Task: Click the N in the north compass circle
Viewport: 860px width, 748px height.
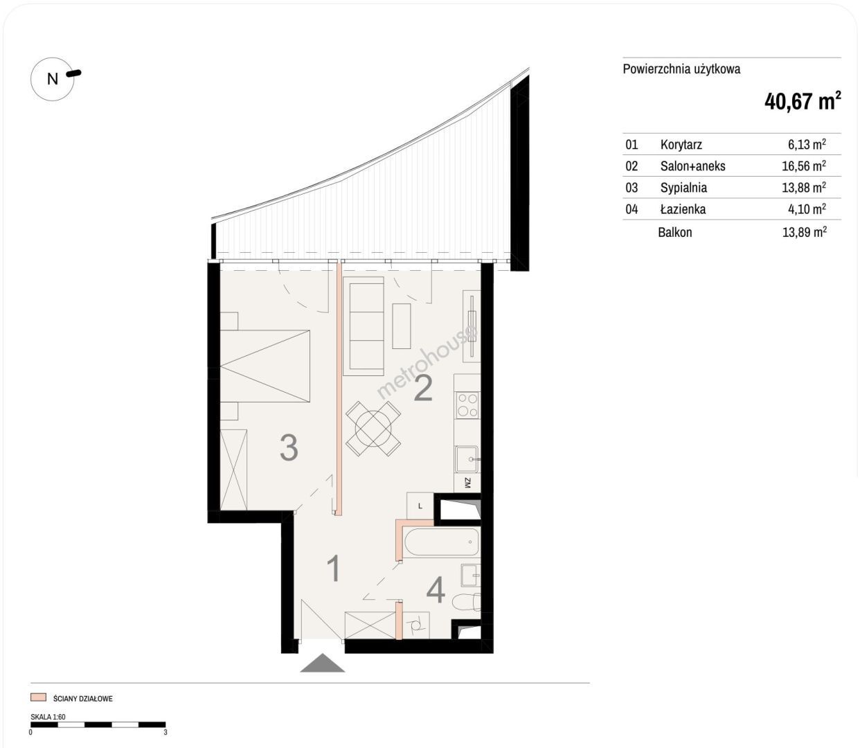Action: (53, 79)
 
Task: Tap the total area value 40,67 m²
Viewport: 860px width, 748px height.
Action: (803, 101)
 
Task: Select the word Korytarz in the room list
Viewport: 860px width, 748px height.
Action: (681, 145)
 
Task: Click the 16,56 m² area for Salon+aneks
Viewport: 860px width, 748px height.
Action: (804, 166)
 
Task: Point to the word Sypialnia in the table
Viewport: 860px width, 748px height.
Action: (683, 188)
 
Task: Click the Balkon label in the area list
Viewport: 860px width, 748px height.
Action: (674, 232)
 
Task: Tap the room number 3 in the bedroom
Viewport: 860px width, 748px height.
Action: (289, 447)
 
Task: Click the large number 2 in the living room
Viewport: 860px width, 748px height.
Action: (423, 388)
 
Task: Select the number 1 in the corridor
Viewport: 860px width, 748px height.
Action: (334, 569)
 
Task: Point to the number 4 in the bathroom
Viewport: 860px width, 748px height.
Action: (436, 590)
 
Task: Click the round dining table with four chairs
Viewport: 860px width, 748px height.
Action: (373, 429)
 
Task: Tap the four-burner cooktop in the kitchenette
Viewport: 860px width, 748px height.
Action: (467, 405)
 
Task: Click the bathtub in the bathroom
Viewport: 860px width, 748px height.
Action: (441, 542)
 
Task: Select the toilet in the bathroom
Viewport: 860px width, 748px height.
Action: (467, 603)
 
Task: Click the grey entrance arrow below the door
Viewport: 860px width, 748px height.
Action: (323, 663)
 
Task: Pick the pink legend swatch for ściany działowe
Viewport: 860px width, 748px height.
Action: (38, 697)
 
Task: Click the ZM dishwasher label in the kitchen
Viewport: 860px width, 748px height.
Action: (467, 483)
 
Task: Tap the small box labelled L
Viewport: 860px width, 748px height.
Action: (420, 506)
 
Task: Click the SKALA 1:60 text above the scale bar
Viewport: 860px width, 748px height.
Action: (48, 717)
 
